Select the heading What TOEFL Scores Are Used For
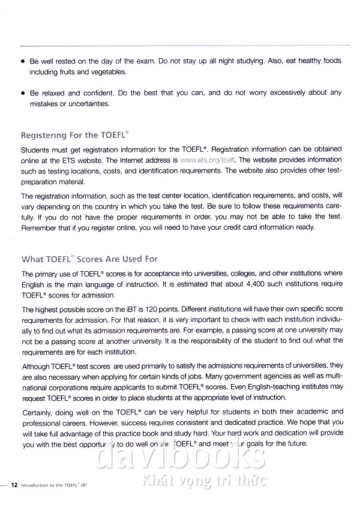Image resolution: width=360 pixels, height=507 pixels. tap(89, 259)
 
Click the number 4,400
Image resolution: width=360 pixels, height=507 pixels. tap(259, 284)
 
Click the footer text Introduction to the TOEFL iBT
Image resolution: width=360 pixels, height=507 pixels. tap(58, 484)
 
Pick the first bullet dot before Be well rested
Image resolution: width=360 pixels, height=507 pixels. tap(23, 61)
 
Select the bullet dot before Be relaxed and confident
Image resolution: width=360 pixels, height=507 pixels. tap(23, 93)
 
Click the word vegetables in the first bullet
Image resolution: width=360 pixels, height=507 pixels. tap(108, 72)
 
